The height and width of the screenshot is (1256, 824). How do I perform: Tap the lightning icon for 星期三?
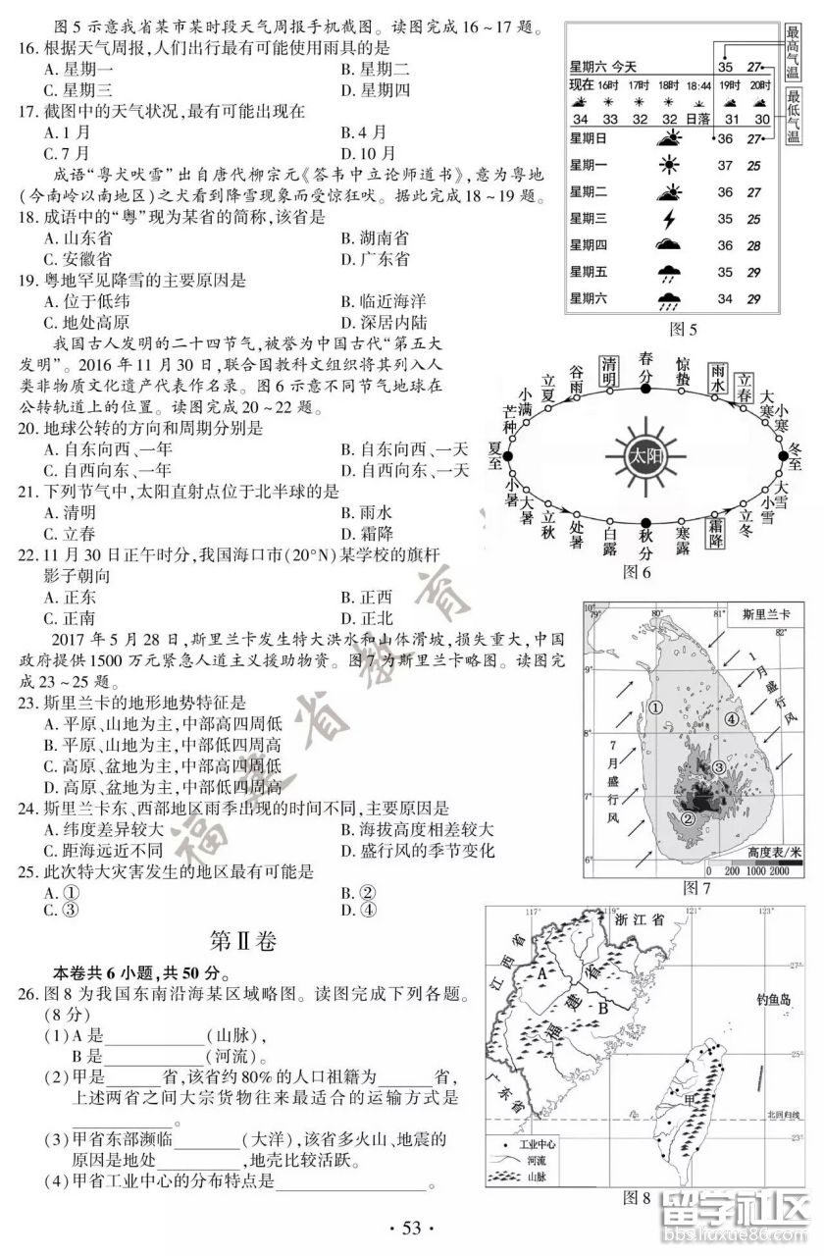click(x=671, y=219)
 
